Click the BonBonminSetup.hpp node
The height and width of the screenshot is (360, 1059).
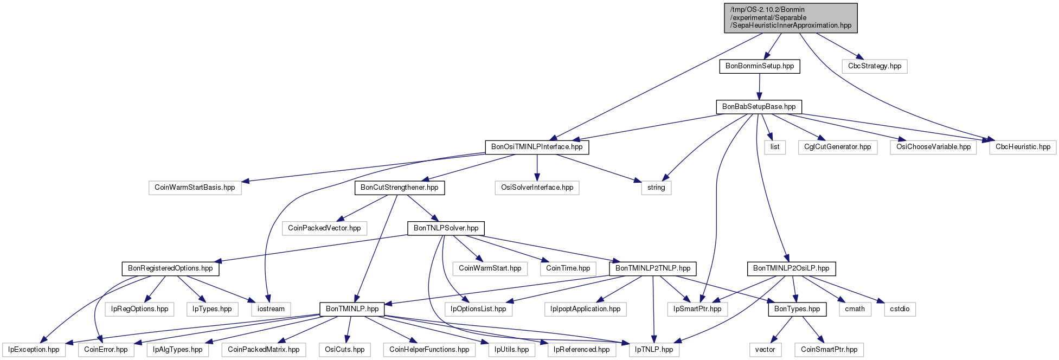coord(759,66)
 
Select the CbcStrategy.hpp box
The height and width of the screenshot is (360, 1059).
coord(875,66)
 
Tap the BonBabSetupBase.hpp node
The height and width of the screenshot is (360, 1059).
coord(759,107)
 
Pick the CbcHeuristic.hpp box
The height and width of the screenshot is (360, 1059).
coord(1023,147)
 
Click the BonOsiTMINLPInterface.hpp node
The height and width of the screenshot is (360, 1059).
coord(537,147)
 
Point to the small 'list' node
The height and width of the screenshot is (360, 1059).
coord(775,147)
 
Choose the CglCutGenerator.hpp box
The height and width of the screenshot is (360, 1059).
coord(838,147)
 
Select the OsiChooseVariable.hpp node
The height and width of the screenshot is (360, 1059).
coord(933,147)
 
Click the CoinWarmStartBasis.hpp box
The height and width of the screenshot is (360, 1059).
coord(195,188)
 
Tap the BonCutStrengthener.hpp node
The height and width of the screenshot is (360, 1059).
coord(400,188)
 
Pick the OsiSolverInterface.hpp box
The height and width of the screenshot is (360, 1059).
coord(537,188)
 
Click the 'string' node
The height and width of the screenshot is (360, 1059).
coord(656,188)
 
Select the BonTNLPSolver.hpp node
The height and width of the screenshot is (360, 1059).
coord(446,228)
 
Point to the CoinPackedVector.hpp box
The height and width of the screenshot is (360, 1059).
coord(324,228)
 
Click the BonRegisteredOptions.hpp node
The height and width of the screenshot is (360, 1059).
coord(170,268)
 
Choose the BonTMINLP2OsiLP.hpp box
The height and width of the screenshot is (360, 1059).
coord(791,268)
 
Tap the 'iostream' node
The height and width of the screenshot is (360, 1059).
coord(271,309)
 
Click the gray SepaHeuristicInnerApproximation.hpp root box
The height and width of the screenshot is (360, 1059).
coord(791,18)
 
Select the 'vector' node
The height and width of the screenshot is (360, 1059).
coord(765,350)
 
